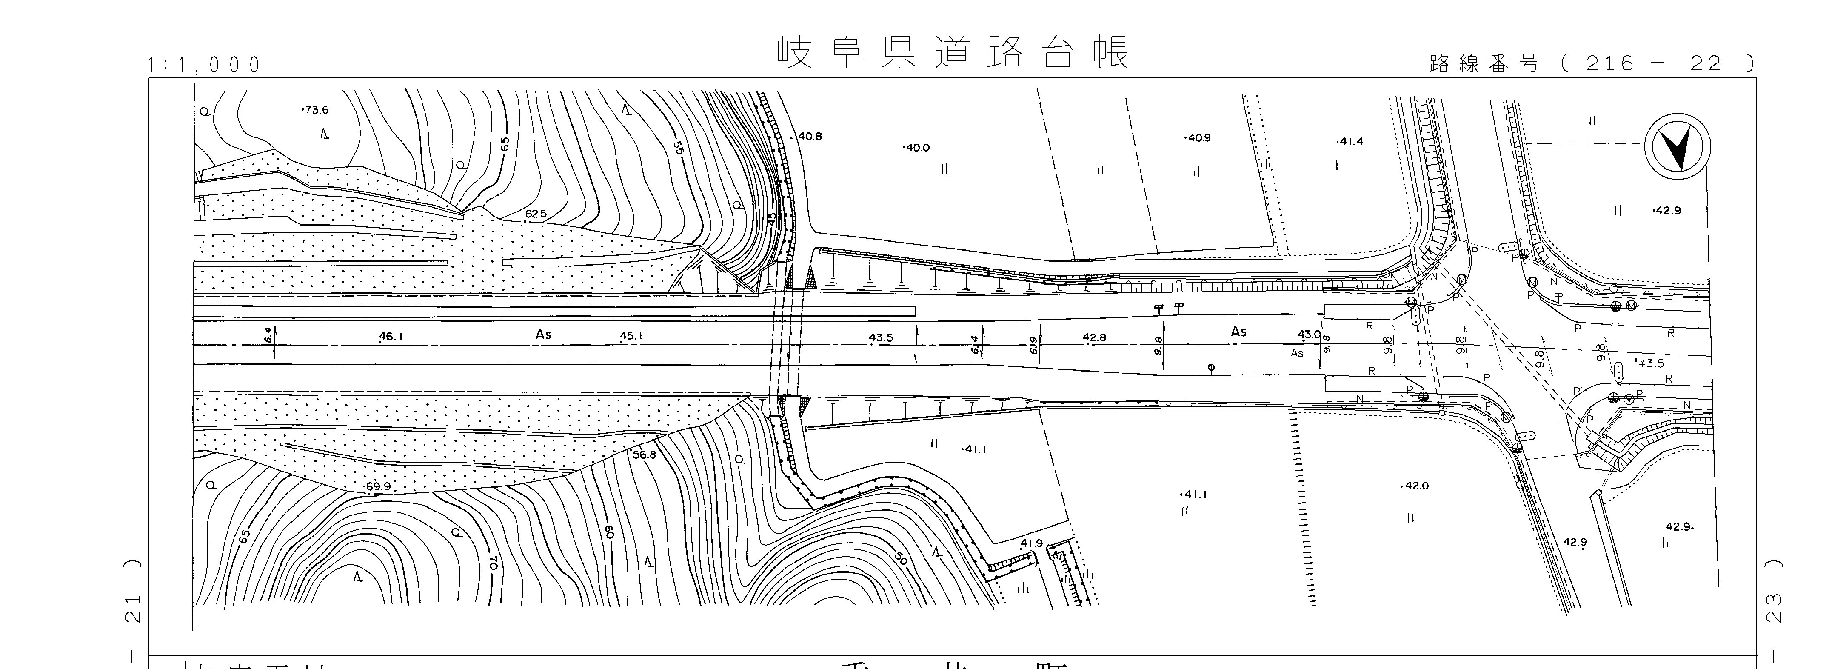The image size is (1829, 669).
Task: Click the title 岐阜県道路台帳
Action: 951,52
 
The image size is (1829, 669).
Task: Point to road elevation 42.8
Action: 1094,337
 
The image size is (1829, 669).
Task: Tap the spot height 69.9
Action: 379,486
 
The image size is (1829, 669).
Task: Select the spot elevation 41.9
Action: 1032,543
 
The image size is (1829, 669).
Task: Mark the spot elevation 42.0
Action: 1415,486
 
